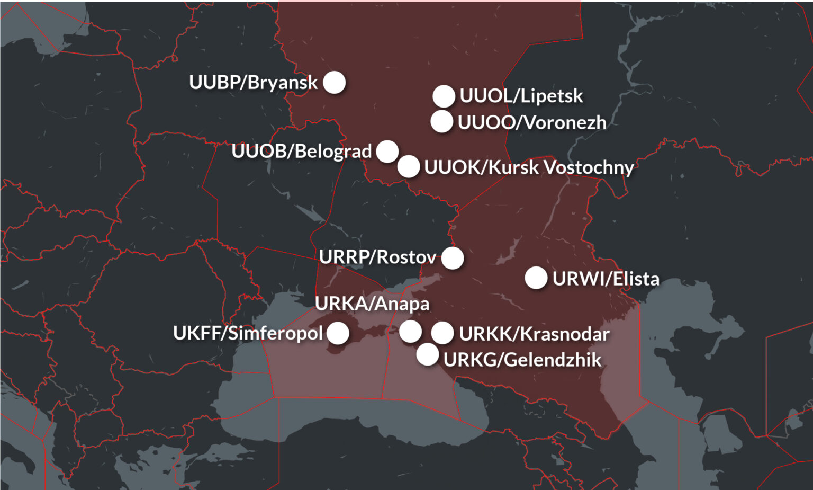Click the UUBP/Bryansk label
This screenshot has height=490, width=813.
253,83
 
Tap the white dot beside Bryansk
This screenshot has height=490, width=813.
334,82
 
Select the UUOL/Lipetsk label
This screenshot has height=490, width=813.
521,96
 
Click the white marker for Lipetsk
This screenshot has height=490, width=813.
444,96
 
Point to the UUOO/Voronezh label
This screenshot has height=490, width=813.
532,122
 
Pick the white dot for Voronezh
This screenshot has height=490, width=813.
441,121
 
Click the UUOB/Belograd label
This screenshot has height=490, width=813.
302,151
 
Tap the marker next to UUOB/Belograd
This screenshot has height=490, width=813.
387,152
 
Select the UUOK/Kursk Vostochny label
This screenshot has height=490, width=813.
529,167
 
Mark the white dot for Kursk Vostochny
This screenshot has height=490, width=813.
409,166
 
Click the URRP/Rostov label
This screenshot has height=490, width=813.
377,257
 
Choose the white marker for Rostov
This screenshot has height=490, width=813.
453,258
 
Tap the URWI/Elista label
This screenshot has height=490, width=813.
606,279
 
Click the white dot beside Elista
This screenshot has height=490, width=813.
536,278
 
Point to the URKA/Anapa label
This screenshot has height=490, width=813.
372,304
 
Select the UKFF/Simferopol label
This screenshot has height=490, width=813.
248,333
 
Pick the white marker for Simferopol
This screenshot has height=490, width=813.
338,333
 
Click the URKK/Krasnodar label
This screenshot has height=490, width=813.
534,334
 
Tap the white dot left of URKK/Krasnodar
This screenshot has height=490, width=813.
442,333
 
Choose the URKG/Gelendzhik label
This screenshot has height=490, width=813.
522,360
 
